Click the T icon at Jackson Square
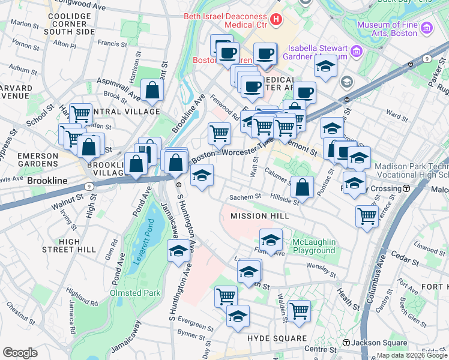coord(346,343)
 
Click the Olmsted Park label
coord(135,293)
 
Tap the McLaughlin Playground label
coord(313,246)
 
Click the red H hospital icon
coord(276,19)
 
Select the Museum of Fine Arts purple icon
coord(427,28)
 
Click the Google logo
coord(20,352)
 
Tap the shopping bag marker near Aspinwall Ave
coord(153,91)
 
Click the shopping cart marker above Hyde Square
coord(298,311)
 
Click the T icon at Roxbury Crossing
coord(406,188)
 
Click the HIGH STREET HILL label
coord(77,245)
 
